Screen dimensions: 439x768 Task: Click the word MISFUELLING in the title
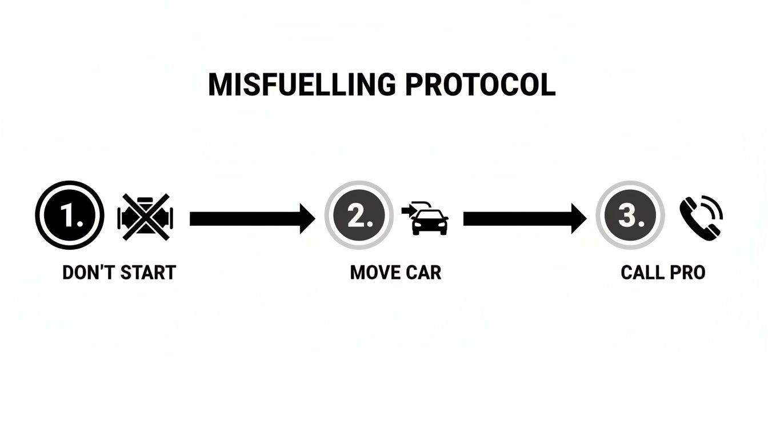pos(301,85)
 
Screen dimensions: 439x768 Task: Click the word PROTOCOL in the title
pos(480,85)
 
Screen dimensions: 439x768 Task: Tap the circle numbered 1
pos(70,215)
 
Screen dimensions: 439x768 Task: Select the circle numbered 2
pos(359,215)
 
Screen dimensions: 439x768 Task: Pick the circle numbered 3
pos(630,215)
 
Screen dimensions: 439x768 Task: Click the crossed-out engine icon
pos(145,216)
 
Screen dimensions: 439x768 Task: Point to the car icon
pos(430,222)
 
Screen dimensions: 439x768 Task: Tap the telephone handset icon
pos(696,220)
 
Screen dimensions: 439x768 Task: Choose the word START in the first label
pos(147,273)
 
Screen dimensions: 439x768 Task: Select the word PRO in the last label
pos(688,273)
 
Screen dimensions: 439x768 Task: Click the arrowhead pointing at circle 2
pos(307,218)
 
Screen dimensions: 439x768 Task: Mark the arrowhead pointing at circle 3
pos(578,218)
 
